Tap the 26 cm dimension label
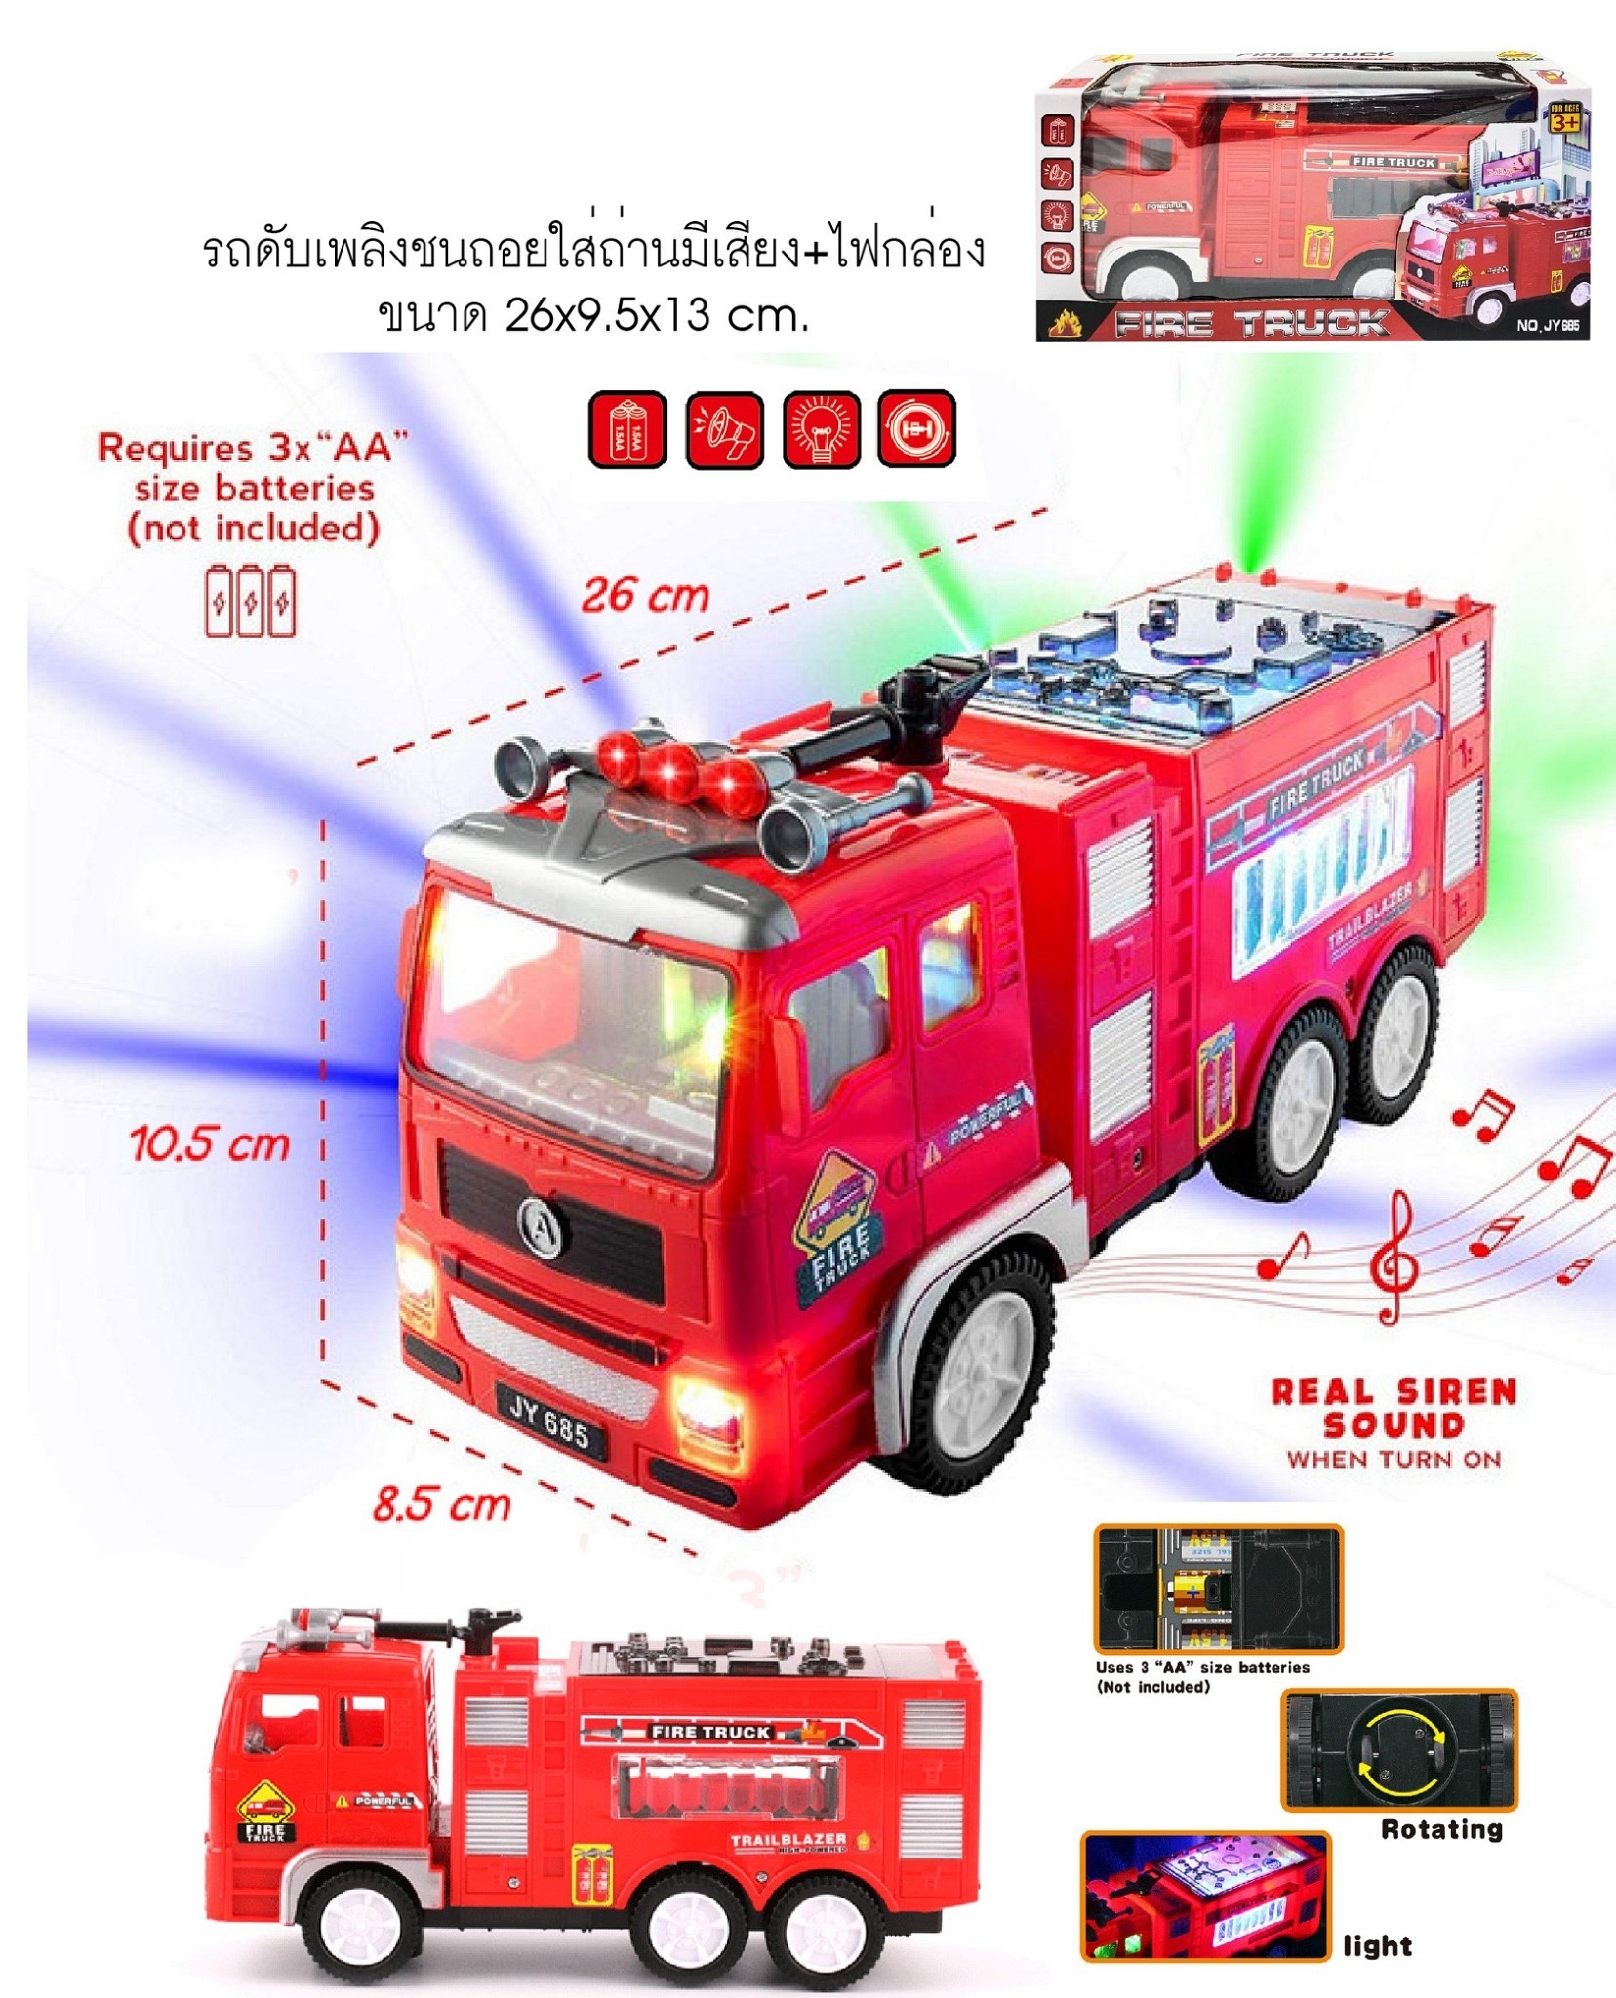(x=645, y=594)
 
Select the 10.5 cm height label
(x=210, y=1144)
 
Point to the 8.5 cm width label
(x=441, y=1503)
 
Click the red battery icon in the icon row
(x=627, y=429)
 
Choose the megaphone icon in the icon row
(x=724, y=430)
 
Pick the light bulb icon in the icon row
(x=822, y=429)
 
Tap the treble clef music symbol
(x=1393, y=1260)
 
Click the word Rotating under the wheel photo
(x=1441, y=1829)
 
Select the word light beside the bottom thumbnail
(x=1377, y=1946)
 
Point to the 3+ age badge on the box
(x=1564, y=122)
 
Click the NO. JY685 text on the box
(x=1547, y=325)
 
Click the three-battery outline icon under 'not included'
(x=250, y=601)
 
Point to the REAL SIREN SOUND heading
(x=1394, y=1408)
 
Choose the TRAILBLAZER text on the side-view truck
(x=788, y=1840)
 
